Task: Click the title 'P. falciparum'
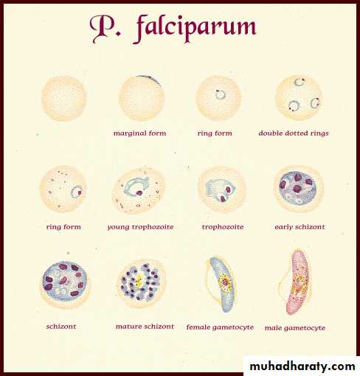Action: [x=173, y=28]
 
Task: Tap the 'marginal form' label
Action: [x=139, y=133]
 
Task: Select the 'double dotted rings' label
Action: [x=294, y=133]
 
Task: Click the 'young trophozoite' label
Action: [x=140, y=227]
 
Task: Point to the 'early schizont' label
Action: [x=300, y=227]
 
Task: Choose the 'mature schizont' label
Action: [x=145, y=327]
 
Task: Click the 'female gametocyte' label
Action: [x=220, y=327]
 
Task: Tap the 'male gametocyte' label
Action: [x=295, y=328]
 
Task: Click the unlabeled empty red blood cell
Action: [x=64, y=99]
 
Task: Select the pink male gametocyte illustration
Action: [x=297, y=282]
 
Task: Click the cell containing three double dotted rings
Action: [x=299, y=97]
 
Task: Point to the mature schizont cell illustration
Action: [x=141, y=284]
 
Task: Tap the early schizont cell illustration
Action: [x=299, y=189]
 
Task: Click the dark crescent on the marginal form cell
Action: [x=150, y=79]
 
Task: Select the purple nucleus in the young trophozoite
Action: [x=139, y=193]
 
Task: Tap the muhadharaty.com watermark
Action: [x=302, y=366]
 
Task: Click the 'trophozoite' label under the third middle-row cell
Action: [x=223, y=227]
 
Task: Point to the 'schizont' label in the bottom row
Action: [x=61, y=327]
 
